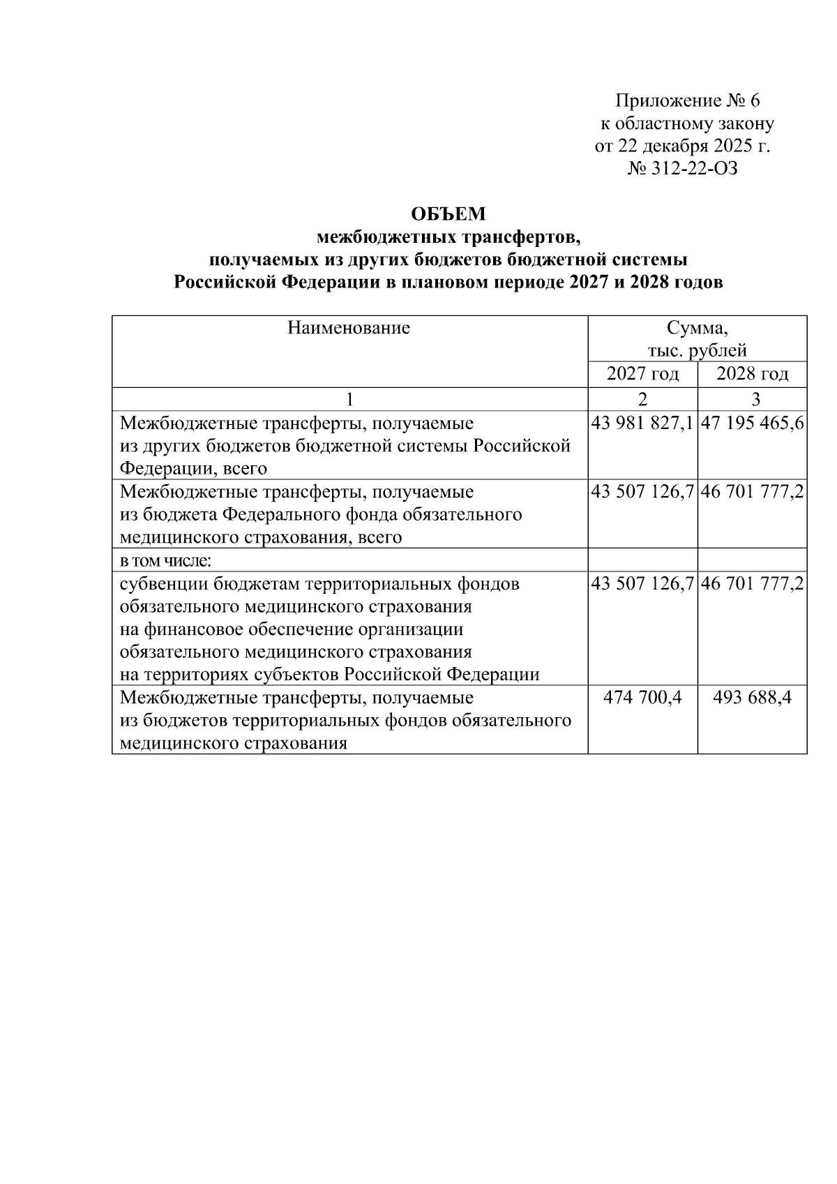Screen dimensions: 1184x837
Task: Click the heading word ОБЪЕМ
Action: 448,213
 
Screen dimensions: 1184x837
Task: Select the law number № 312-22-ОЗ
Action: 683,169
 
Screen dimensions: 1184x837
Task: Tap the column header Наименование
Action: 349,327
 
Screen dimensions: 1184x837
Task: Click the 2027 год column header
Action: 642,374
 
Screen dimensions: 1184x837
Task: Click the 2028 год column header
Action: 752,374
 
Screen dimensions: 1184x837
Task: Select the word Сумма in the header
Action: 697,327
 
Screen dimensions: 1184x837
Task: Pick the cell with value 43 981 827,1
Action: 642,424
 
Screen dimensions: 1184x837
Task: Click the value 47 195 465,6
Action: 753,424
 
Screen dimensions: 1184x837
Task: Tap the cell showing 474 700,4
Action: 642,698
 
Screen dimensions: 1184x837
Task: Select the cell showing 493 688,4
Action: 752,698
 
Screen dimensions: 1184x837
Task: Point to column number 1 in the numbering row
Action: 349,399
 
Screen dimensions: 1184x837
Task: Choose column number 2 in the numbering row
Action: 642,399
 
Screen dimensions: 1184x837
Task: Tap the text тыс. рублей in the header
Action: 697,350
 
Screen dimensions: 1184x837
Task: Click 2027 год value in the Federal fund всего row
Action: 642,492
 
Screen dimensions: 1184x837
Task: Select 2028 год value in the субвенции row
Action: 753,584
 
